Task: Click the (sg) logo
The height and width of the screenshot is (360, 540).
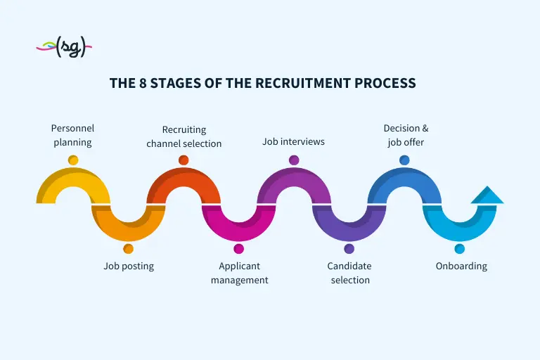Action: coord(64,46)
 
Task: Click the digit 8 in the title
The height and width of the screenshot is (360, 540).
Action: coord(143,84)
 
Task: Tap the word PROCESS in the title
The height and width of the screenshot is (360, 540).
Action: coord(385,84)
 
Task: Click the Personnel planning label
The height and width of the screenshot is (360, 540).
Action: coord(72,135)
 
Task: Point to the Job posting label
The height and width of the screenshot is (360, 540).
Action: coord(129,266)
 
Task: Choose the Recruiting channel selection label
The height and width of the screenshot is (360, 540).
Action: coord(184,136)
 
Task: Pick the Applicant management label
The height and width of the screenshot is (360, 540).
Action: coord(239,273)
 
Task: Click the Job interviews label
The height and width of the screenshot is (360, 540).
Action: coord(293,141)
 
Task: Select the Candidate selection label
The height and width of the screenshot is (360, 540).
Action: coord(349,273)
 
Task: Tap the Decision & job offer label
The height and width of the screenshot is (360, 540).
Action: coord(406,135)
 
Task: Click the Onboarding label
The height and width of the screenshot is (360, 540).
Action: coord(461,266)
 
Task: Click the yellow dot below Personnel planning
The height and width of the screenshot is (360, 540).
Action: coord(73,160)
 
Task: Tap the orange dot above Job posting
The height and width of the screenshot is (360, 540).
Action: coord(128,249)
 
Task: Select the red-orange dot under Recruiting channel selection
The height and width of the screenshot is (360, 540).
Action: coord(184,160)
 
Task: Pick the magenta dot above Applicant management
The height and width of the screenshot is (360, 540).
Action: coord(238,249)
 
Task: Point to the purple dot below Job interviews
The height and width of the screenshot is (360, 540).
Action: coord(294,160)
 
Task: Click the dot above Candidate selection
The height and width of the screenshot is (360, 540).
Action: coord(349,249)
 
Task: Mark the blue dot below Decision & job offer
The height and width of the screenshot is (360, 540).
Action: coord(404,160)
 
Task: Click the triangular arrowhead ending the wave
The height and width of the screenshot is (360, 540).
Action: coord(487,196)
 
